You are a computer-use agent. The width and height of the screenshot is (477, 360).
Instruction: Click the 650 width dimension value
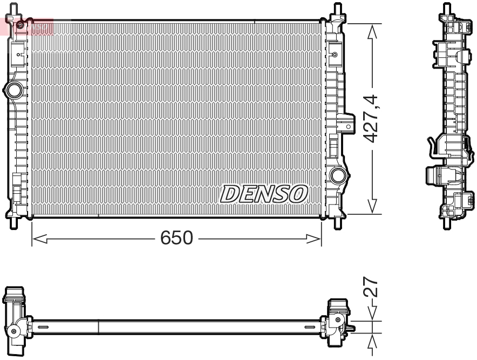click(x=176, y=237)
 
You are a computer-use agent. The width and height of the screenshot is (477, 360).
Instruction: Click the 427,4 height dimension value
click(x=371, y=119)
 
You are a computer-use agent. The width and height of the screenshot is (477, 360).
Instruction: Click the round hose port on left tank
click(x=13, y=90)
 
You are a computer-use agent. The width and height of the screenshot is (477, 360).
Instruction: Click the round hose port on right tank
click(x=338, y=175)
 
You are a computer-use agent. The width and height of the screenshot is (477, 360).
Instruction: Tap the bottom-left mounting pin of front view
click(x=14, y=222)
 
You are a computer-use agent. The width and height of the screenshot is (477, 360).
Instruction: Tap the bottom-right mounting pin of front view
click(x=338, y=222)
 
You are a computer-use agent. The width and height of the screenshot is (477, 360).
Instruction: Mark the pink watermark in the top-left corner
click(x=27, y=25)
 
